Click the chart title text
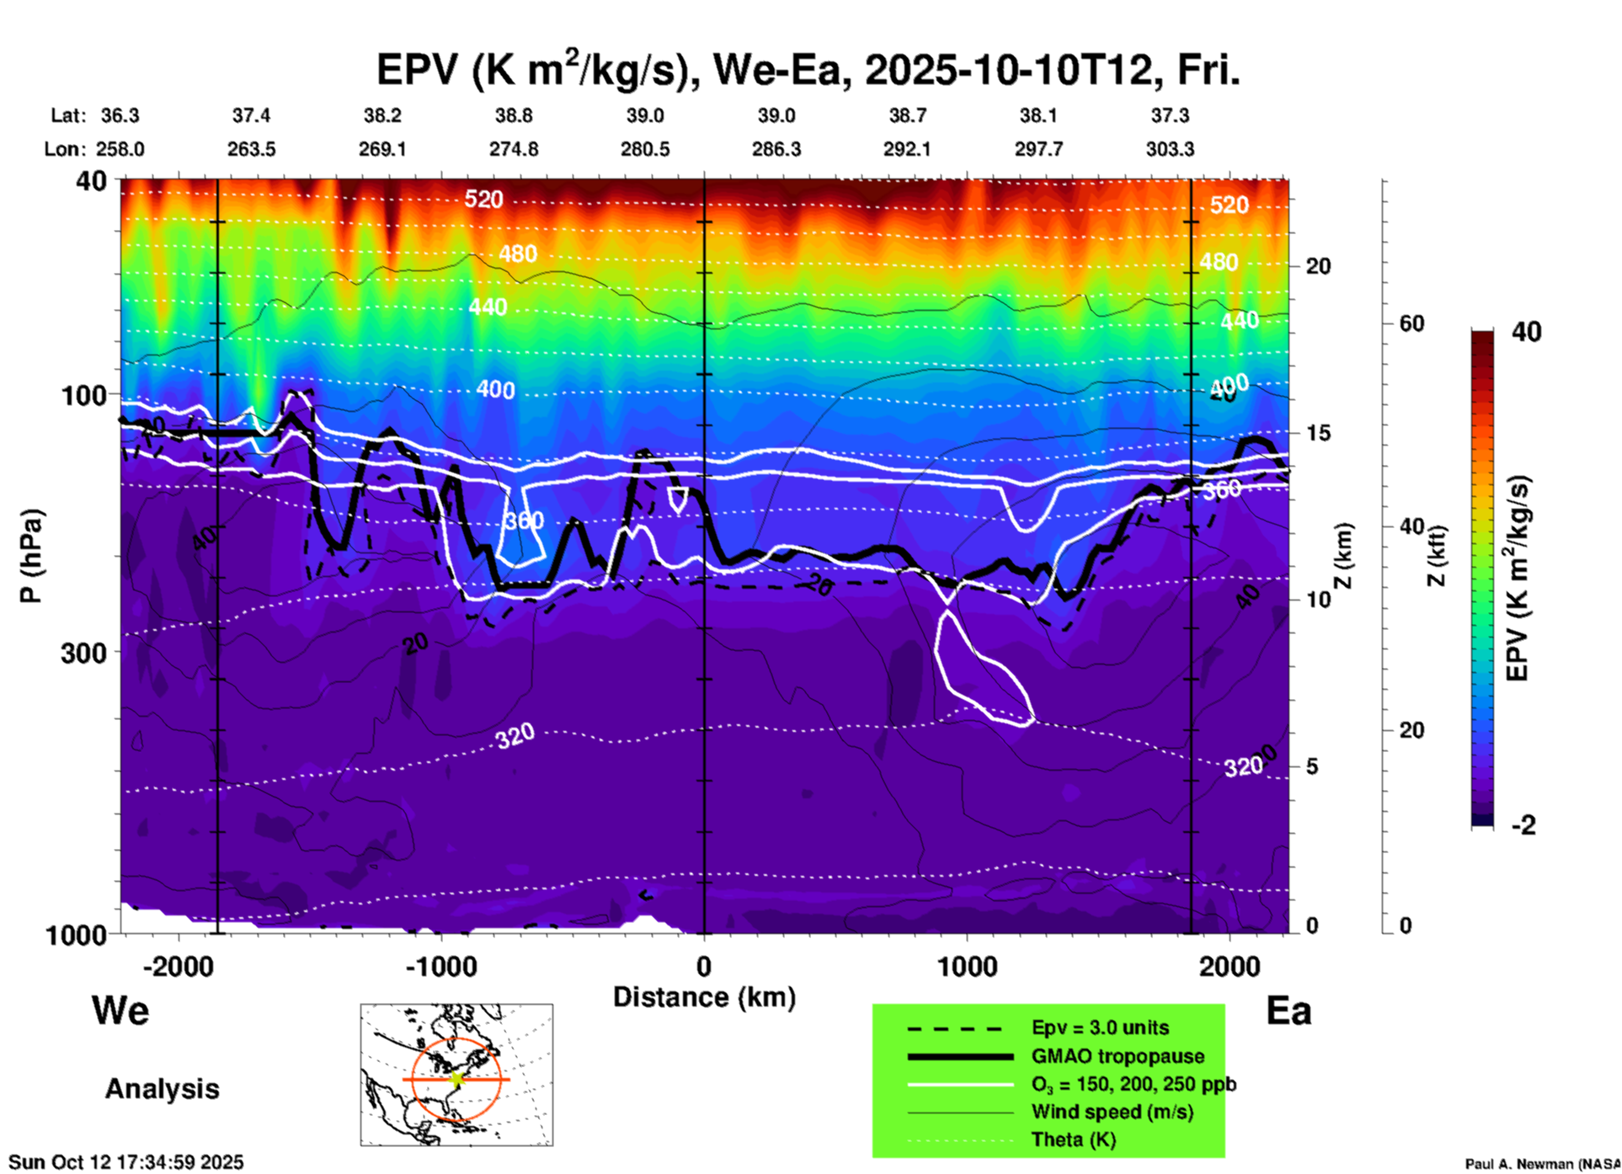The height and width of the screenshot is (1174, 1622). (x=808, y=70)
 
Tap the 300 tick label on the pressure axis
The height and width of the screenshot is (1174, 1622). (x=84, y=653)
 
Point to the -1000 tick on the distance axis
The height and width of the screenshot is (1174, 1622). (x=441, y=966)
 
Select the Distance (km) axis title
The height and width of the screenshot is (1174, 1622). (x=704, y=997)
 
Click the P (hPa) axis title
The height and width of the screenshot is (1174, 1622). (x=31, y=556)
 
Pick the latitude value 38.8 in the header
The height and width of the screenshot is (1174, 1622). (x=513, y=115)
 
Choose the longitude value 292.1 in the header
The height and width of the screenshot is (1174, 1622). (x=907, y=149)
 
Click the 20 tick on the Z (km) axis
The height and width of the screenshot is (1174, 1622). (x=1318, y=266)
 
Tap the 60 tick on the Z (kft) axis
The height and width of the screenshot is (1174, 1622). (x=1411, y=323)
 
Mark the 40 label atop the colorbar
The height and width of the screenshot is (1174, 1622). (x=1526, y=332)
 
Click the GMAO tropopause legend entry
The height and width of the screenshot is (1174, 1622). (x=1118, y=1056)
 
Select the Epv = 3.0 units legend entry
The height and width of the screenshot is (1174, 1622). (x=1100, y=1028)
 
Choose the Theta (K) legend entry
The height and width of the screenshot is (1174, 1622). (x=1073, y=1139)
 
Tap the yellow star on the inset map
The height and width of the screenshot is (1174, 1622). (x=456, y=1078)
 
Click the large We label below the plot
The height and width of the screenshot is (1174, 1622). (x=120, y=1010)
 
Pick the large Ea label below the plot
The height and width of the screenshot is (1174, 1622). (x=1289, y=1011)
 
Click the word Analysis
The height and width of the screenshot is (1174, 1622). (x=162, y=1089)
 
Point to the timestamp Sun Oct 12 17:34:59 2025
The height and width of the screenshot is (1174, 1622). (x=125, y=1162)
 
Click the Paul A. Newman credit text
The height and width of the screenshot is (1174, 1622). (x=1541, y=1164)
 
